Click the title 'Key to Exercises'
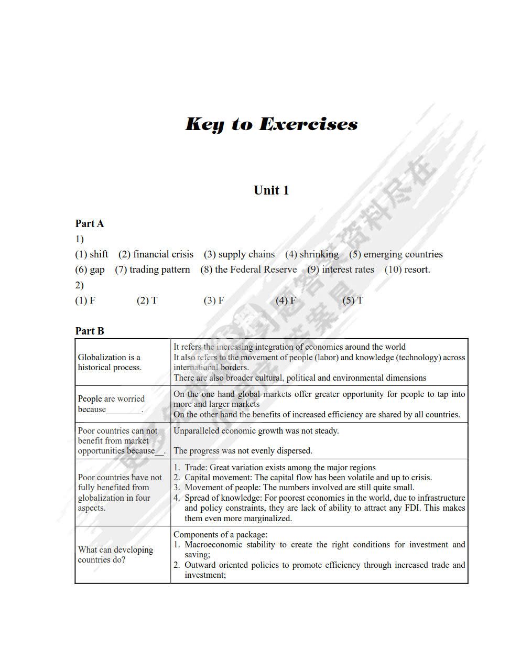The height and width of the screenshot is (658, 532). pos(272,124)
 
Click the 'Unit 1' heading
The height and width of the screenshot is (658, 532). pos(271,190)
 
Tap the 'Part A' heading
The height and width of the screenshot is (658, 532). pos(90,224)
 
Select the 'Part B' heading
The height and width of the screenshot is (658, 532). pos(90,331)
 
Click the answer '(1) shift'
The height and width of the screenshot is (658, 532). pos(91,254)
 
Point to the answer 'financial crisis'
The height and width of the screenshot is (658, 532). pos(163,254)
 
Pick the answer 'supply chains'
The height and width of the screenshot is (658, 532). pos(246,254)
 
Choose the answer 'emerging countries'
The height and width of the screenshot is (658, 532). pos(403,254)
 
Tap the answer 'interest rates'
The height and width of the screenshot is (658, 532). pos(348,269)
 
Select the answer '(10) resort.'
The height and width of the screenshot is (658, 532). pos(407,269)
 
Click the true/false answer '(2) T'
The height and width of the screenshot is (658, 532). pos(147,300)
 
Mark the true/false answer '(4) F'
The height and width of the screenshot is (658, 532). pos(286,300)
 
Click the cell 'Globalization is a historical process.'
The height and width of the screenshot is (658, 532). pos(110,362)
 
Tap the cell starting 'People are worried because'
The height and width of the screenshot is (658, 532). pos(111,404)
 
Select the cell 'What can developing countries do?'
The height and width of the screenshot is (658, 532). pos(115,555)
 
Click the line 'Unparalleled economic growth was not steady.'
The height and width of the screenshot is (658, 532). pos(256,431)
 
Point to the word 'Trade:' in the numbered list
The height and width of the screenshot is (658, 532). pos(196,468)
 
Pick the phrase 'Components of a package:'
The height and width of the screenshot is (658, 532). pos(220,535)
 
